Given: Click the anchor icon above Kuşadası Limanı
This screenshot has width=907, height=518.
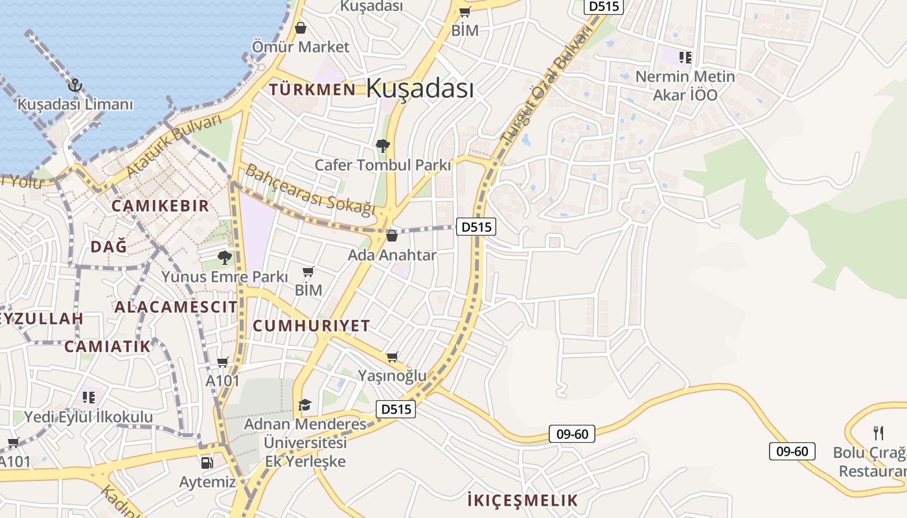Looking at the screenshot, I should [x=75, y=85].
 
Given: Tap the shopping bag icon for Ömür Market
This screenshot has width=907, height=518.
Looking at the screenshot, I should [x=301, y=28].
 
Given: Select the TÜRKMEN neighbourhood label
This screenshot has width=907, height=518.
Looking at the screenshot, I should [x=312, y=89].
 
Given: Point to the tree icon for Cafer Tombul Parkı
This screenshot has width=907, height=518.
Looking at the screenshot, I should [x=383, y=146].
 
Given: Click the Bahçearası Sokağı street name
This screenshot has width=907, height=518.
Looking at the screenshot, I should [x=310, y=190].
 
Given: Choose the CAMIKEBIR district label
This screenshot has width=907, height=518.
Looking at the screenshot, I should [x=160, y=206].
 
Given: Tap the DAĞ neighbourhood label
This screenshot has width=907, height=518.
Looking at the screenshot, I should [x=109, y=247].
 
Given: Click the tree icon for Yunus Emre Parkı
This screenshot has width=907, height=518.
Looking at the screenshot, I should [x=225, y=258].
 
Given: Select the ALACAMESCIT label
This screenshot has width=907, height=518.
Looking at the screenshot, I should [x=176, y=307].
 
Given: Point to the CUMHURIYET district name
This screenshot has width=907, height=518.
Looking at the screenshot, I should [x=311, y=326].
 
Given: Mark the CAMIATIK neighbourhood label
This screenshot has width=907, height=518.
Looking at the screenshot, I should [x=107, y=346].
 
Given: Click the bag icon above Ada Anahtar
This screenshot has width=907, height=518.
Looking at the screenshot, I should [x=391, y=236].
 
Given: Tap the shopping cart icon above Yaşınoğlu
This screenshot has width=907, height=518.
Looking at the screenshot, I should [x=392, y=357].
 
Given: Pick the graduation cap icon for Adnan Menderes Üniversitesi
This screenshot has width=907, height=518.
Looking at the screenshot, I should [x=304, y=405].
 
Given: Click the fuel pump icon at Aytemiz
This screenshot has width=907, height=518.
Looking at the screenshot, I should [x=207, y=462].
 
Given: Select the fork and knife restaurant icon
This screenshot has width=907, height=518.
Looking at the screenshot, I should [x=878, y=432].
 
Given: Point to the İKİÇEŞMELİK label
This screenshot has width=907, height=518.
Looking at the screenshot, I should [x=522, y=500].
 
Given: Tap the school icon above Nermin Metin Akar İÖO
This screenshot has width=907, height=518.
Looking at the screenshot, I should [x=685, y=58].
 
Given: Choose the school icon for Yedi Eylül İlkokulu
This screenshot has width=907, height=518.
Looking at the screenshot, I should [x=89, y=396].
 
